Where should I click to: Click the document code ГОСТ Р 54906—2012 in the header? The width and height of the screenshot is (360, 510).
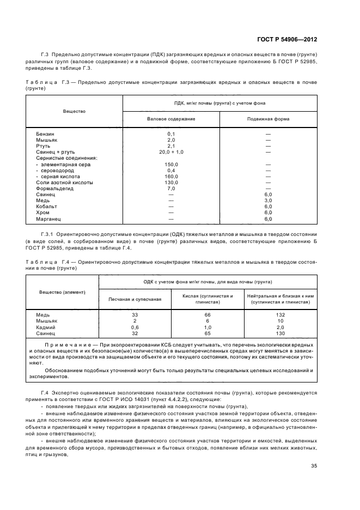[287, 40]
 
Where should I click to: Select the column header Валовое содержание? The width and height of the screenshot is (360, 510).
[171, 119]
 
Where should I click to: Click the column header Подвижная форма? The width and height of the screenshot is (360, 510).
[268, 119]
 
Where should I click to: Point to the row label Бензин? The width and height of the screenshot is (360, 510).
[45, 134]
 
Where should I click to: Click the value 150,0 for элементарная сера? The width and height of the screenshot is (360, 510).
[171, 165]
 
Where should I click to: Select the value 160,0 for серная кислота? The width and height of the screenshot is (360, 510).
[171, 177]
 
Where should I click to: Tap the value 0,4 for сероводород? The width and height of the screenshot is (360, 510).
[171, 171]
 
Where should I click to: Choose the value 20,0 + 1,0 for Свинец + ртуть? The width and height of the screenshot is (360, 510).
[171, 152]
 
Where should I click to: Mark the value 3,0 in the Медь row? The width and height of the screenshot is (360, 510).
[268, 201]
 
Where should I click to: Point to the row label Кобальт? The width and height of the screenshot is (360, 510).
[47, 207]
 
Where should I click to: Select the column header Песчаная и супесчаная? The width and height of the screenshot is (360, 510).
[135, 300]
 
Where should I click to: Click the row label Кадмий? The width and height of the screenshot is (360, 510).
[46, 327]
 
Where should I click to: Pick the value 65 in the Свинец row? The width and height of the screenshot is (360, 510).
[208, 333]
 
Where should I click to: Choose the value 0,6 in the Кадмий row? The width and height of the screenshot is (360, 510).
[135, 327]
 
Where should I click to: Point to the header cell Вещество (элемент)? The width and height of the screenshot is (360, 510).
[62, 292]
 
